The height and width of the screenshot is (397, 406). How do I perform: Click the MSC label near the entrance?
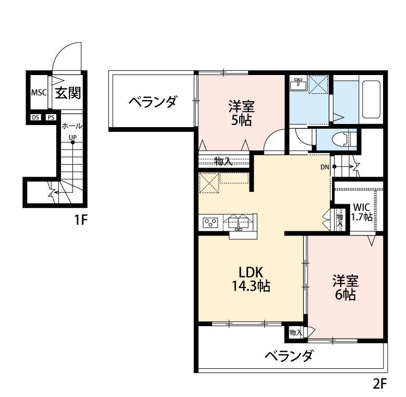(39, 93)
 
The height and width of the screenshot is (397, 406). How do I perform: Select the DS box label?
(35, 117)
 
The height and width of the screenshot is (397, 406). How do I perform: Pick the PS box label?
(51, 117)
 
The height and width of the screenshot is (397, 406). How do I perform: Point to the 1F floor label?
(79, 220)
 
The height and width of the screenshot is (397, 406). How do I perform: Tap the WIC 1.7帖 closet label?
(362, 211)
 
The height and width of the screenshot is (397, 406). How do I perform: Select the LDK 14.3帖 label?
(253, 279)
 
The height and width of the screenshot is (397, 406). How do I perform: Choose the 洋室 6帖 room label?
(345, 288)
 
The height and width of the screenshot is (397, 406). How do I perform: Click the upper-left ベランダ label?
(152, 101)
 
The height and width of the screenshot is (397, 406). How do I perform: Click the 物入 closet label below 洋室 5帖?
(224, 161)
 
